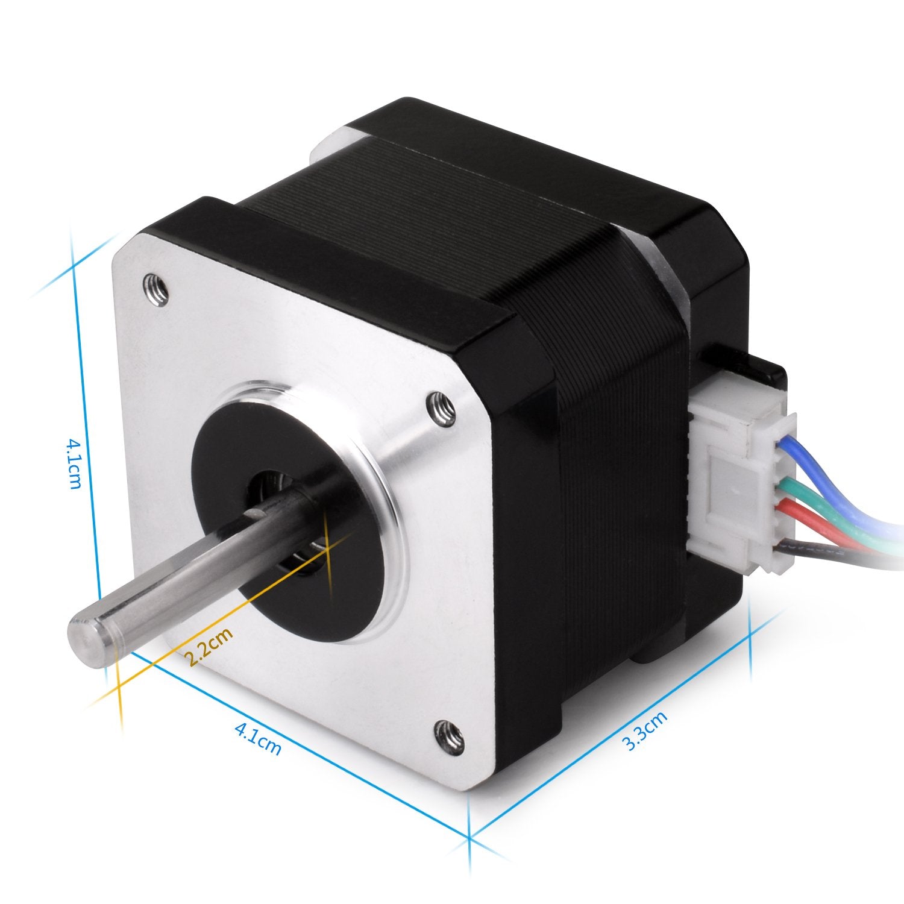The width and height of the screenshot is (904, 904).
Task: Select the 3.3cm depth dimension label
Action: pyautogui.click(x=645, y=730)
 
